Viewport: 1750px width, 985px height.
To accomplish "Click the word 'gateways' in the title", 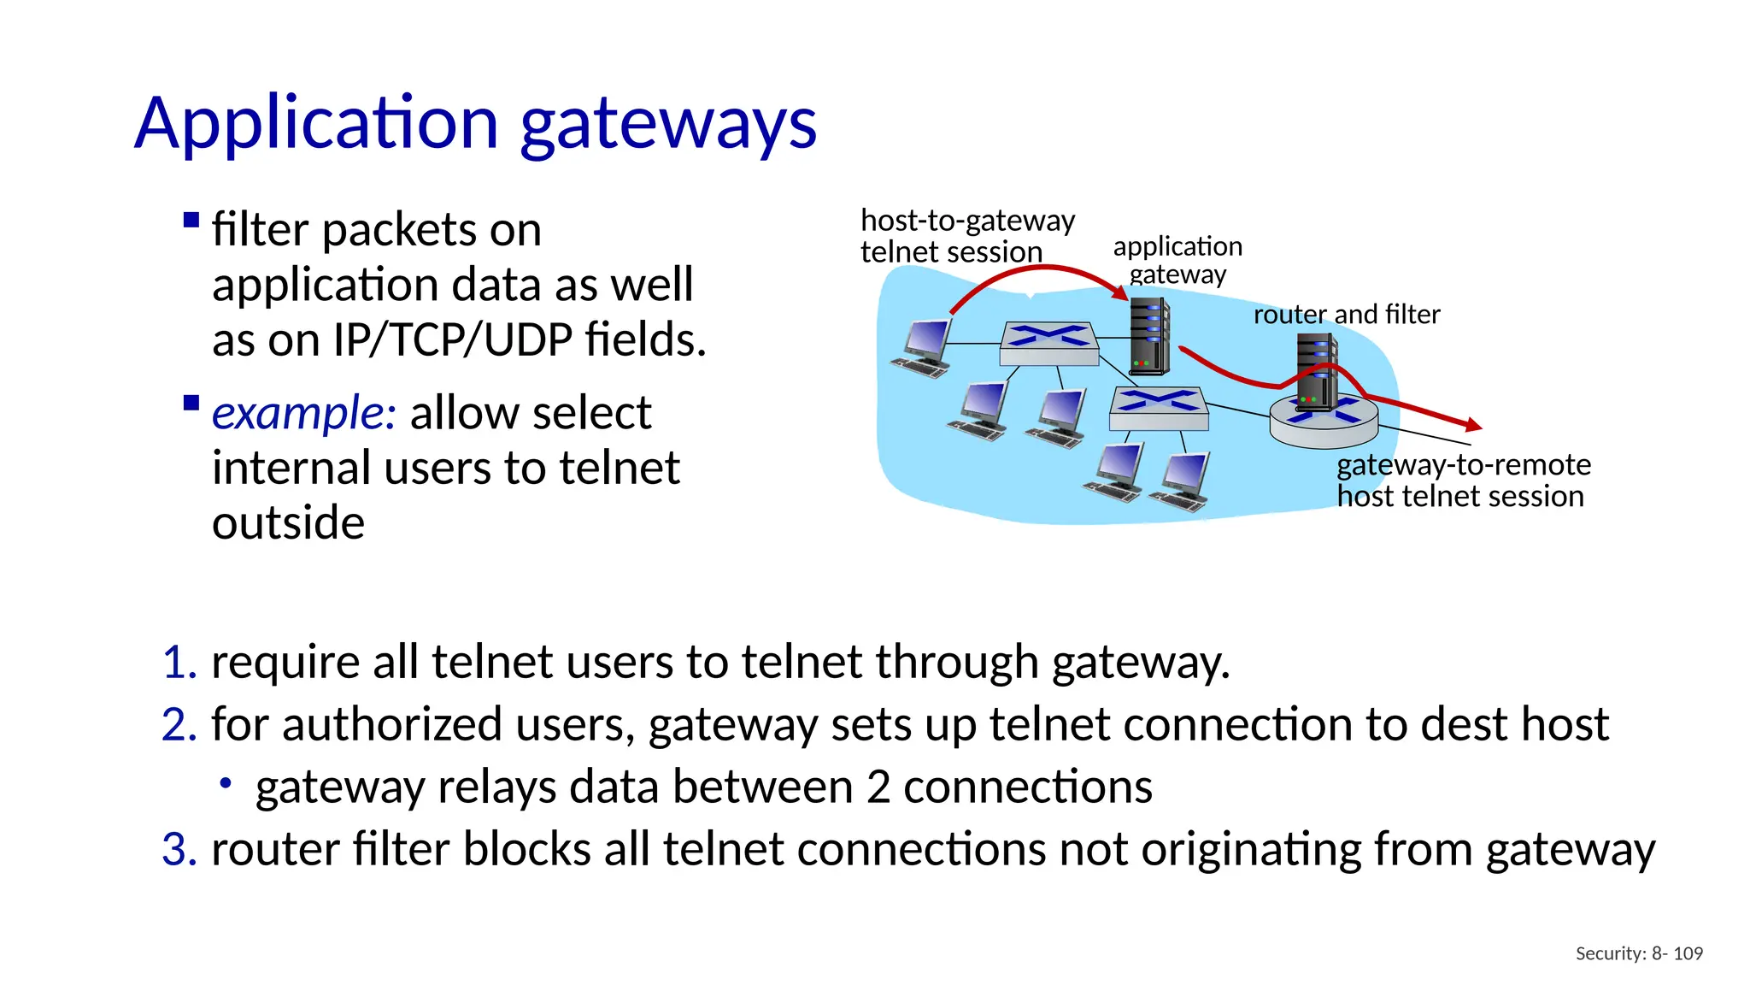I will [x=668, y=125].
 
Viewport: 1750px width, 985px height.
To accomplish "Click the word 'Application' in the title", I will [x=316, y=125].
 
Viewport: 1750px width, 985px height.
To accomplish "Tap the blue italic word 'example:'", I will [x=303, y=413].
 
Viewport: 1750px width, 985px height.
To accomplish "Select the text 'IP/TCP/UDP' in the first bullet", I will [x=452, y=339].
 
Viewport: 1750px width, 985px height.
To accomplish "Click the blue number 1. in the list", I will [x=179, y=663].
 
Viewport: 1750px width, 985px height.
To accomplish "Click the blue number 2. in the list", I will [x=179, y=725].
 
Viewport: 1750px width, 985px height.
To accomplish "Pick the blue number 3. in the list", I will [x=179, y=850].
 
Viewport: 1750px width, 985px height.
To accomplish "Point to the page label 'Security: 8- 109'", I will [x=1638, y=953].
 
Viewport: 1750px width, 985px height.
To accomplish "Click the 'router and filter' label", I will [x=1346, y=315].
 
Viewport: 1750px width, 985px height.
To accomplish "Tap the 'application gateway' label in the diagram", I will [x=1177, y=260].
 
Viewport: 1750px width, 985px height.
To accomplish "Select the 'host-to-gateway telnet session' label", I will [x=966, y=236].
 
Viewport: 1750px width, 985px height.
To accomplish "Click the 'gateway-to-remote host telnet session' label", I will [x=1462, y=481].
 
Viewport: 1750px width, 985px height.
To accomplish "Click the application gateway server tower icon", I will [x=1149, y=337].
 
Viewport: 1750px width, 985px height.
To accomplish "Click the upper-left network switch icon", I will [x=1049, y=344].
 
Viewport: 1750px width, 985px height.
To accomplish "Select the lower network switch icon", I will [x=1159, y=409].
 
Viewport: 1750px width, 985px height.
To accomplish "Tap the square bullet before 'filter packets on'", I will [x=191, y=221].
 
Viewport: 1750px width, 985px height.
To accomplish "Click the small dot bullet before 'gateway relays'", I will [x=226, y=782].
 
